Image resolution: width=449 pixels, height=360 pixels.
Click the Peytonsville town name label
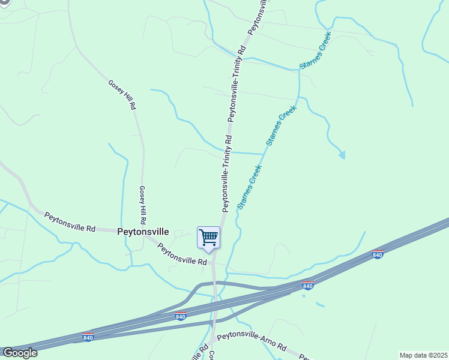(143, 232)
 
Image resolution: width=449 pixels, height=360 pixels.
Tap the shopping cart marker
(208, 237)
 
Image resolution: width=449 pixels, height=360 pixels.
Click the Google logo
(19, 353)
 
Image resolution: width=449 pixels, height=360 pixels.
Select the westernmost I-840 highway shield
(88, 338)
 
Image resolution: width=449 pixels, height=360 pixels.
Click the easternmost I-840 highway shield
(378, 254)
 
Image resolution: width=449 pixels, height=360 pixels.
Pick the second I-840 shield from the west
(181, 316)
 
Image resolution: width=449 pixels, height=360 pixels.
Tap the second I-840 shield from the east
(308, 286)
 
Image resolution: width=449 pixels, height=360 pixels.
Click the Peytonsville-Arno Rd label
(252, 345)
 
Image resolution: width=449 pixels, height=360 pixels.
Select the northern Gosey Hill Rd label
(122, 95)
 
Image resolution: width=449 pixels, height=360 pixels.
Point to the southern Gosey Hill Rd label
(143, 203)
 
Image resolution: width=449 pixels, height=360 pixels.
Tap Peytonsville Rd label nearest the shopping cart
(182, 253)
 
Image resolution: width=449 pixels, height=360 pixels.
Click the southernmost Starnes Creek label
(250, 187)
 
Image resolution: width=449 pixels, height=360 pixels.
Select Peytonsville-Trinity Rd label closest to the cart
(226, 173)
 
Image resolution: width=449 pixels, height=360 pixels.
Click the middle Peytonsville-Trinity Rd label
(238, 83)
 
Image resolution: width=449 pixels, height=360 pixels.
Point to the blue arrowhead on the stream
(342, 155)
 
